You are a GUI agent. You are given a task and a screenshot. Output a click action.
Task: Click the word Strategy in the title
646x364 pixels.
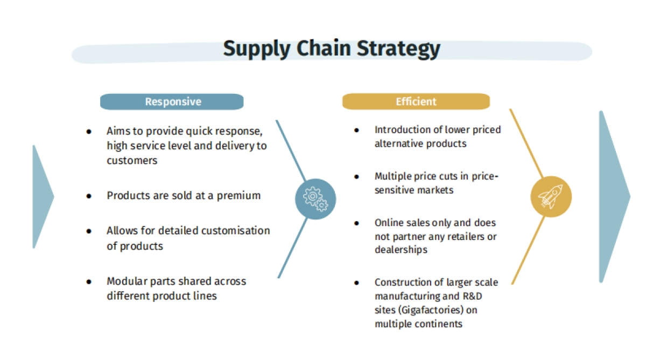click(x=398, y=49)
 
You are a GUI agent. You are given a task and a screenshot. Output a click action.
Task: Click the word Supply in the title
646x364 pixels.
click(x=257, y=49)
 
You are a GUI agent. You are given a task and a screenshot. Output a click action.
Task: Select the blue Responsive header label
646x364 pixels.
click(x=172, y=102)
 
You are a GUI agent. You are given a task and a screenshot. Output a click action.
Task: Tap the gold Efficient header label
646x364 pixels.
click(x=416, y=101)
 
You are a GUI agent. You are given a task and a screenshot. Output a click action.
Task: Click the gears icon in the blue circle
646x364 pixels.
click(x=315, y=199)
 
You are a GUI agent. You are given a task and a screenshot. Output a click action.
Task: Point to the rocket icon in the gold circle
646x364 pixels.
click(x=551, y=197)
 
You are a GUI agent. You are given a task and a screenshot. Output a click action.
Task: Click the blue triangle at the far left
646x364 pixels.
click(x=43, y=196)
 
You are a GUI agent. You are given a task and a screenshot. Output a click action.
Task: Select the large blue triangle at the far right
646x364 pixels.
click(x=615, y=196)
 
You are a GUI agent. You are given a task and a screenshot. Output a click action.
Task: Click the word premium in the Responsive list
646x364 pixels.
click(x=239, y=196)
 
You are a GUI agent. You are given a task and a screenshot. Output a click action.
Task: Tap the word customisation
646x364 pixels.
click(x=236, y=231)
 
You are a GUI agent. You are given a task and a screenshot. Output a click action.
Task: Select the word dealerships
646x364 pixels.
click(x=401, y=250)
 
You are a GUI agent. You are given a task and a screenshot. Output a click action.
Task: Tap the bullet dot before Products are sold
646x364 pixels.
click(x=89, y=196)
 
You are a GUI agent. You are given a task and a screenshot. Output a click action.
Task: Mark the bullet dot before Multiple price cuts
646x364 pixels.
click(x=356, y=176)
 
